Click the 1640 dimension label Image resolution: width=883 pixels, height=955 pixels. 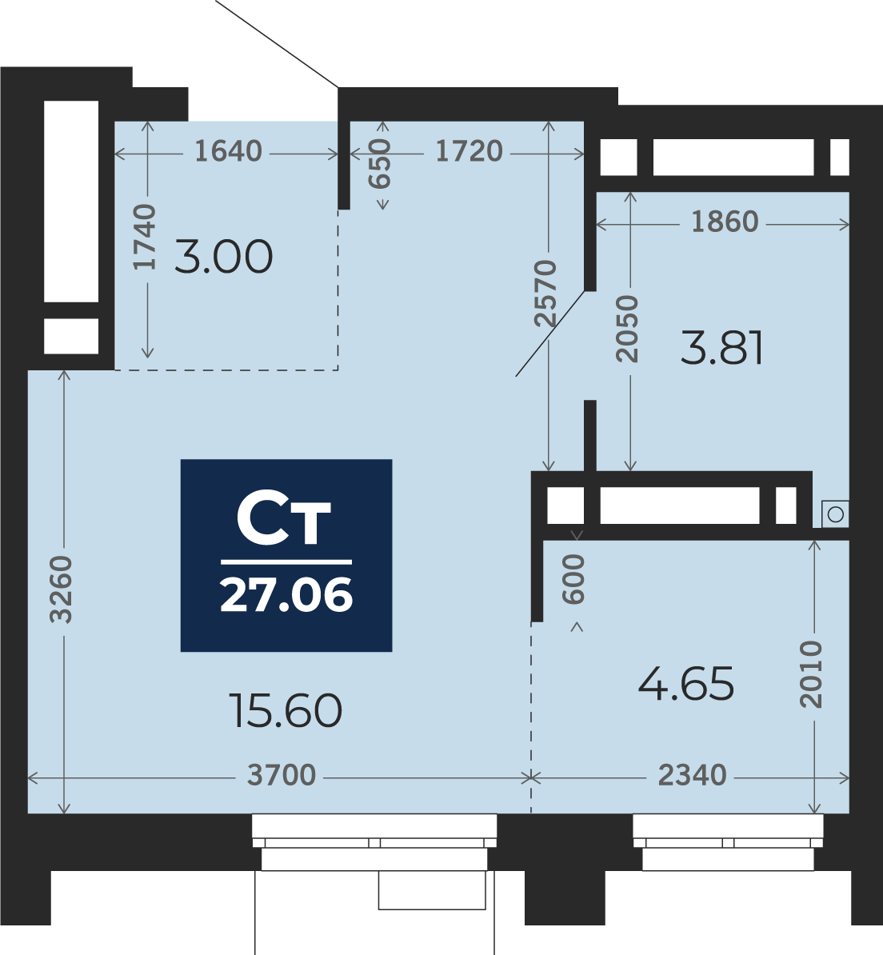[x=228, y=151]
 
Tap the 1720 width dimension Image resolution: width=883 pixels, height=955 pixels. [x=469, y=151]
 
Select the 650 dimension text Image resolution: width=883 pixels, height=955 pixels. [x=382, y=164]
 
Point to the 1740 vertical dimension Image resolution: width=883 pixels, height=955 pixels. [x=146, y=238]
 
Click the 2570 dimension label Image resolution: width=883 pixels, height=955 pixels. [x=546, y=294]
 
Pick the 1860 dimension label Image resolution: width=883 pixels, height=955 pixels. [x=724, y=222]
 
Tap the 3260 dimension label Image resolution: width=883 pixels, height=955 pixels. [x=62, y=589]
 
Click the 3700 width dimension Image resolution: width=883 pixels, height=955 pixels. [x=282, y=775]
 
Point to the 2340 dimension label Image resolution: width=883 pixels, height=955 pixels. [x=692, y=775]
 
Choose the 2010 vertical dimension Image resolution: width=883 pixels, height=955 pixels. [x=813, y=673]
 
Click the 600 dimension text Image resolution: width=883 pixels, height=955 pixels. [x=575, y=580]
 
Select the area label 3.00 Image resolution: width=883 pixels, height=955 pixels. [x=224, y=257]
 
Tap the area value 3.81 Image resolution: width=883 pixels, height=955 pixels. [x=722, y=348]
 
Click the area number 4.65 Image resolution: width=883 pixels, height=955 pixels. [x=686, y=685]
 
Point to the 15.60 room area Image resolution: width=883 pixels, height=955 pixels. [x=286, y=710]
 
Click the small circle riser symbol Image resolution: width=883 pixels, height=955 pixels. [x=835, y=514]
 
